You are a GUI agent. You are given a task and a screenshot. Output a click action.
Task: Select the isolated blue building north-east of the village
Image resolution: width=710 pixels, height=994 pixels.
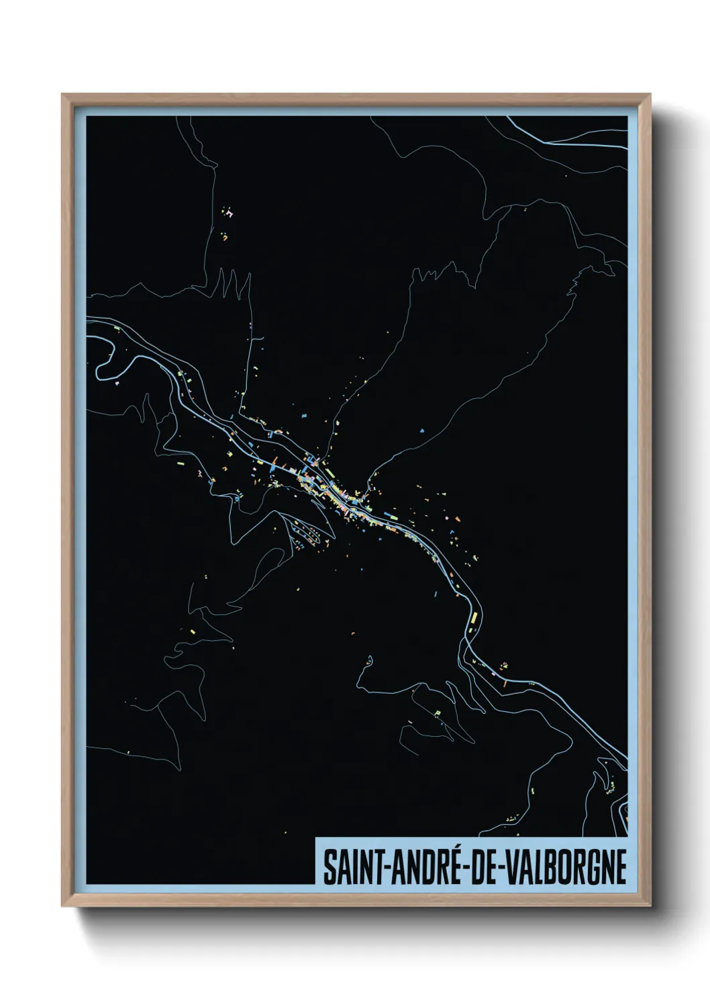click(422, 430)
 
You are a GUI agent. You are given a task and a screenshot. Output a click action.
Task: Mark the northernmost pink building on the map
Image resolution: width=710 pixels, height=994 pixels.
click(230, 214)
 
